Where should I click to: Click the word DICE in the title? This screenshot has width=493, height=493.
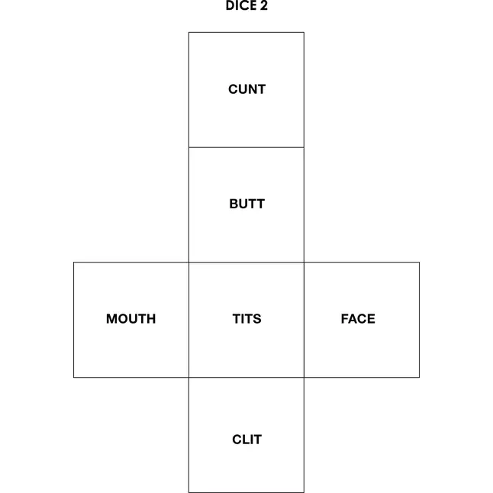pyautogui.click(x=241, y=5)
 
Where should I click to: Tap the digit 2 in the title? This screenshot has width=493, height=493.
pyautogui.click(x=264, y=5)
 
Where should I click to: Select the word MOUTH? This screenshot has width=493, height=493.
pyautogui.click(x=130, y=319)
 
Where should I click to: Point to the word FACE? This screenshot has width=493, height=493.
pyautogui.click(x=358, y=319)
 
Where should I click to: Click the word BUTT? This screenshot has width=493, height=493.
pyautogui.click(x=246, y=204)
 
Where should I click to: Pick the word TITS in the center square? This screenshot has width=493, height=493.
pyautogui.click(x=246, y=319)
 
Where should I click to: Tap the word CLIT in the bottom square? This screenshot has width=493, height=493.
pyautogui.click(x=246, y=440)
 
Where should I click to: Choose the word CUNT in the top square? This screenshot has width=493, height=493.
pyautogui.click(x=246, y=89)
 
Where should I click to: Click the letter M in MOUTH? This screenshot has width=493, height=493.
pyautogui.click(x=112, y=319)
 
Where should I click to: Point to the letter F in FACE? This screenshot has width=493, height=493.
pyautogui.click(x=345, y=319)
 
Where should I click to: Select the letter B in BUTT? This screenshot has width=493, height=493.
pyautogui.click(x=234, y=204)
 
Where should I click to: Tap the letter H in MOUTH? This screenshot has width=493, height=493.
pyautogui.click(x=151, y=319)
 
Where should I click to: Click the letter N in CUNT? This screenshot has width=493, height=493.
pyautogui.click(x=252, y=89)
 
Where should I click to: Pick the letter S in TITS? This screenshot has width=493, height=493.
pyautogui.click(x=257, y=319)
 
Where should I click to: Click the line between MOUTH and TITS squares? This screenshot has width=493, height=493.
pyautogui.click(x=188, y=320)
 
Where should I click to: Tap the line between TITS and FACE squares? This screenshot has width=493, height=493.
pyautogui.click(x=304, y=320)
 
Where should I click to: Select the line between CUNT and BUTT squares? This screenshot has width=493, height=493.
pyautogui.click(x=246, y=147)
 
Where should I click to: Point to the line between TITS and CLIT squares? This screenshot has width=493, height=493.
pyautogui.click(x=246, y=377)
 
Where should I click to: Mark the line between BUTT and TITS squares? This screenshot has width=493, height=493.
pyautogui.click(x=246, y=263)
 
